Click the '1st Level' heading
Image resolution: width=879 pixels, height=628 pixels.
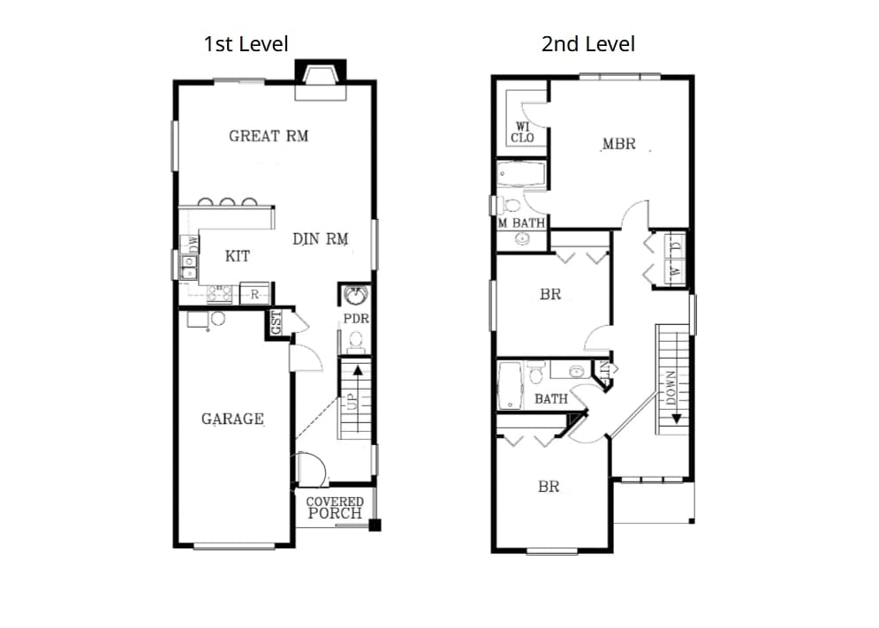246,43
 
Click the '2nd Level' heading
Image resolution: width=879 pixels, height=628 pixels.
587,43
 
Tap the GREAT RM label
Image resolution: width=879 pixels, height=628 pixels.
269,136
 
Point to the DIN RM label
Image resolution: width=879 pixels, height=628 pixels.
320,239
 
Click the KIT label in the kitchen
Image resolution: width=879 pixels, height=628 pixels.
237,256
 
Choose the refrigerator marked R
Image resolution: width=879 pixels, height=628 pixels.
254,294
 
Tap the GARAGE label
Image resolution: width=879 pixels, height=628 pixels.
232,419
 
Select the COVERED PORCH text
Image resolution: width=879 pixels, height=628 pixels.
335,508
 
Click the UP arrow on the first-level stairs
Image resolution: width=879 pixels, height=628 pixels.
357,371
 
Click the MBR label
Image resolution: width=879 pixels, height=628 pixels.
618,143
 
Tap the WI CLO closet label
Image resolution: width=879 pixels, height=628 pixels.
523,132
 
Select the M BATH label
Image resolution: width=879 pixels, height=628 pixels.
521,223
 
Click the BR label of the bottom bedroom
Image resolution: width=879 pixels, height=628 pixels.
549,487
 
